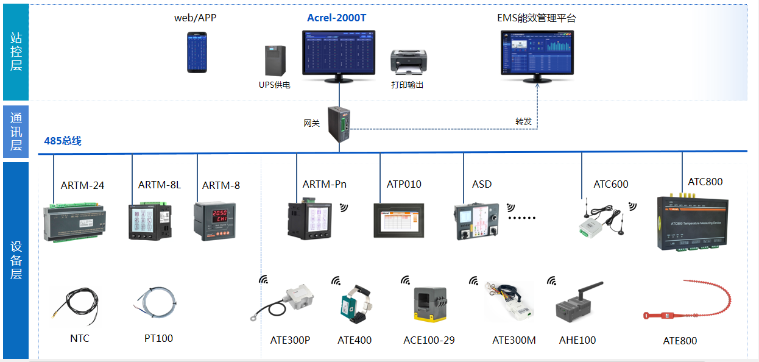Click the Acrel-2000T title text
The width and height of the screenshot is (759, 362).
[336, 18]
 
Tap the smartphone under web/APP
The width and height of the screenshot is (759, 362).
[196, 52]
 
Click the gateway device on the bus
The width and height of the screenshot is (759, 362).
[339, 125]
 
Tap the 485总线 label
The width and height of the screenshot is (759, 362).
[63, 141]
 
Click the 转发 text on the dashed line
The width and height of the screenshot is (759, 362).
[523, 121]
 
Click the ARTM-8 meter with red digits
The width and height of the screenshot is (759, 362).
[215, 221]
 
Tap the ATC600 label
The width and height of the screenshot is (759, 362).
[610, 184]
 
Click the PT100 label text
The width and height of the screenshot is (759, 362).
[158, 338]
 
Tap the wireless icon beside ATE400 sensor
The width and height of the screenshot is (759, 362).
[336, 281]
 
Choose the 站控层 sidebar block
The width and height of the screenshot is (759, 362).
[16, 52]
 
